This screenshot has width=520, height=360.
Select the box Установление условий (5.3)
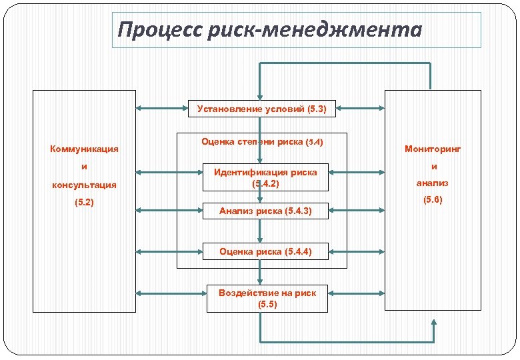point(261,109)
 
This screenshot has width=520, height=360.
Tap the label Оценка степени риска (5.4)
point(261,142)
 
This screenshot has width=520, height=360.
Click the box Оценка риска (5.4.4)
point(265,251)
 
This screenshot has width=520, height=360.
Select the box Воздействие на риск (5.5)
point(267,298)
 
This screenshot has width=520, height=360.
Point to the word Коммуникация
point(84,149)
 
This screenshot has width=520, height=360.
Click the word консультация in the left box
point(84,185)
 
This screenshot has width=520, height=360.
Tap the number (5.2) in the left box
point(84,202)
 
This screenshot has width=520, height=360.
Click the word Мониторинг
point(433,149)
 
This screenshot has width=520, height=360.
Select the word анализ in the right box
point(433,183)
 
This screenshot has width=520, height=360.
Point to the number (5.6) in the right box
point(433,199)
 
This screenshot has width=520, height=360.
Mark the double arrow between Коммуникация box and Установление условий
point(162,109)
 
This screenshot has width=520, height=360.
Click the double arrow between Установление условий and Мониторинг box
point(360,109)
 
